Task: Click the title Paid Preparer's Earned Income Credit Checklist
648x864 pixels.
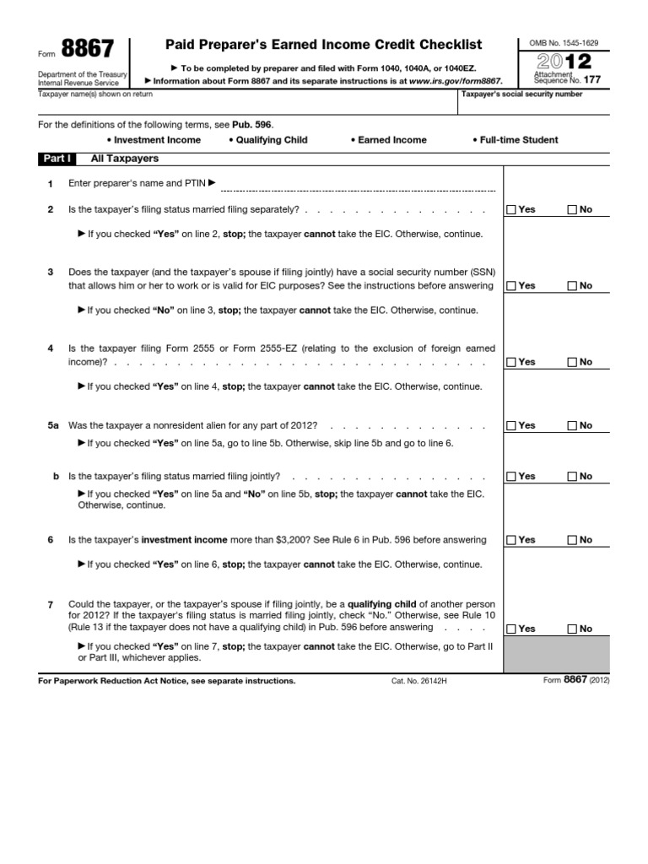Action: pos(325,44)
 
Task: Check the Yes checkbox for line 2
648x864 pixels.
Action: pos(511,209)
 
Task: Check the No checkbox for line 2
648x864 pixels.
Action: pos(572,209)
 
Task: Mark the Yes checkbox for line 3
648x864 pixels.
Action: pos(511,286)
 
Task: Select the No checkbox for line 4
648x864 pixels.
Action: pos(572,362)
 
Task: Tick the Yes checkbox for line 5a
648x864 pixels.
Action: pos(511,426)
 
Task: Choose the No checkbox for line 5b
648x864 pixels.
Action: pos(572,477)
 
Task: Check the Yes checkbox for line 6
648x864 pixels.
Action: pos(511,540)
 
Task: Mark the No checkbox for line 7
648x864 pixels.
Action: pos(572,629)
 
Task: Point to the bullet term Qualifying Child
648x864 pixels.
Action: pos(267,140)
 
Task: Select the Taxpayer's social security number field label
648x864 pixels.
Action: pos(521,94)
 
